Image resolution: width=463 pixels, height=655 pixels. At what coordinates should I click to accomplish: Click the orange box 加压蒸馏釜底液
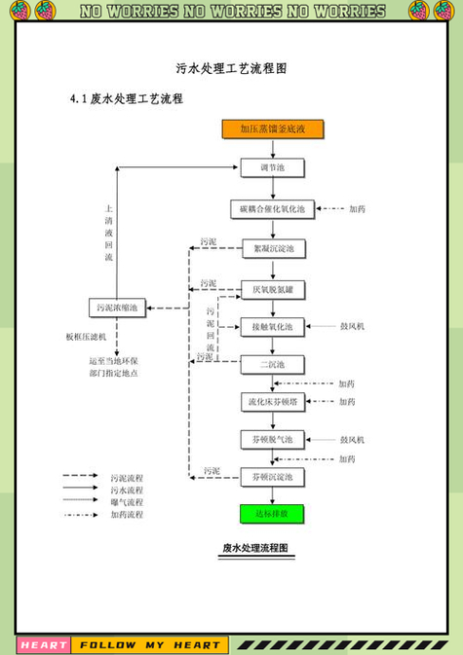[272, 128]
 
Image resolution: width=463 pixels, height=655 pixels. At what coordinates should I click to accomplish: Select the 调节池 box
[272, 168]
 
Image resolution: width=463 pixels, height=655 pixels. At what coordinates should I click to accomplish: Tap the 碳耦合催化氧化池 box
[272, 208]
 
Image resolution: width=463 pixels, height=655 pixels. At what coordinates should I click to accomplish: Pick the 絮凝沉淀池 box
[272, 248]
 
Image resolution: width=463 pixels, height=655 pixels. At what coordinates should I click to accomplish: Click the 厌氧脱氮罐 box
[272, 288]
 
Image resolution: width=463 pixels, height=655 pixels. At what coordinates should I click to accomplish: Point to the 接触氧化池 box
[272, 326]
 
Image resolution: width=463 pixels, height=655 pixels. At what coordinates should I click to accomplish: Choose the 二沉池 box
[272, 365]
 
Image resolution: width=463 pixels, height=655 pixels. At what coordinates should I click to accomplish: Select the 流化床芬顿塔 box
[272, 401]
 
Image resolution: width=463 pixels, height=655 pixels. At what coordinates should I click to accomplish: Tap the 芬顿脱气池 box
[272, 439]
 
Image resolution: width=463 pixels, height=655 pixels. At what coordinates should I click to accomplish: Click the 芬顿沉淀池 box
[272, 476]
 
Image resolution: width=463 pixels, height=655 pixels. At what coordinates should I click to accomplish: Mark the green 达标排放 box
[272, 512]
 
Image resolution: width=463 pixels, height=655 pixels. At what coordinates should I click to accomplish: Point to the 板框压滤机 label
[86, 337]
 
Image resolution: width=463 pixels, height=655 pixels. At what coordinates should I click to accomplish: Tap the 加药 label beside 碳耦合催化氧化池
[358, 209]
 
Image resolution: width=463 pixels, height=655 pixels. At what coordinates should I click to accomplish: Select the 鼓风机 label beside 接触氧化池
[352, 326]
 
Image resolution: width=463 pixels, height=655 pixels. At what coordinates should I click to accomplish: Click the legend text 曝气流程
[127, 502]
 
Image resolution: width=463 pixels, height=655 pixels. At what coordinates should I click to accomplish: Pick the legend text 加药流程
[127, 514]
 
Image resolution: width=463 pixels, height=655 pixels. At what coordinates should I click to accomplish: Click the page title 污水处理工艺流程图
[231, 69]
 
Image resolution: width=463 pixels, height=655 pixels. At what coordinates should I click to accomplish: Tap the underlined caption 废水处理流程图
[255, 549]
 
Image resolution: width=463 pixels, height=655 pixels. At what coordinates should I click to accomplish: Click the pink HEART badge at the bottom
[44, 644]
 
